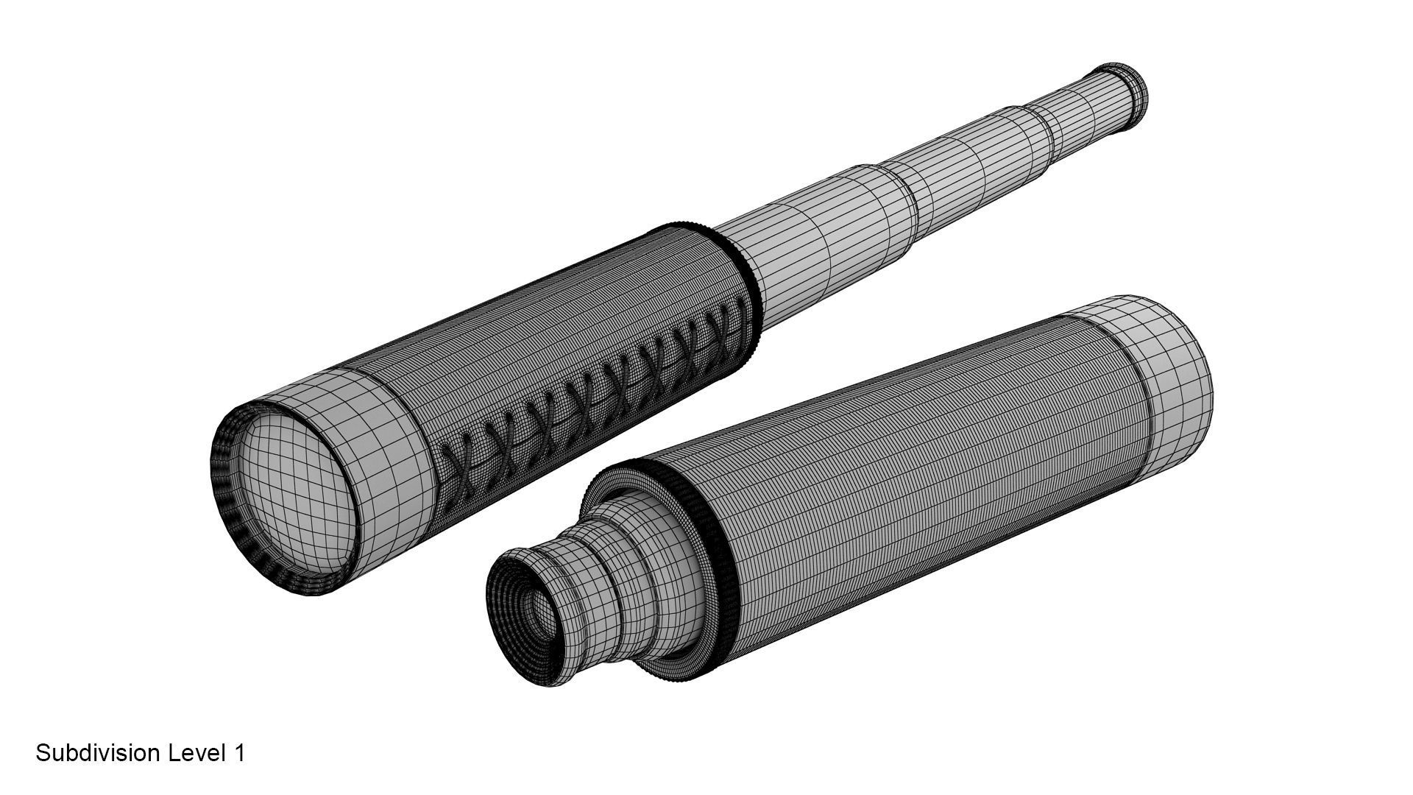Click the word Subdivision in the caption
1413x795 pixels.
(x=99, y=754)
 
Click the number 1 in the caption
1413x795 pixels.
(x=238, y=754)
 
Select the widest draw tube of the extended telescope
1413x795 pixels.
(x=810, y=228)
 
